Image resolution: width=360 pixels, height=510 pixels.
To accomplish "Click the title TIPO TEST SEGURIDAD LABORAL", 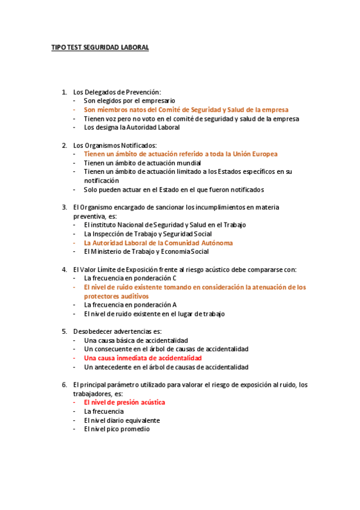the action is tap(100, 47).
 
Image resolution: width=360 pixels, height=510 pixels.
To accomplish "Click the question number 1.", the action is tap(64, 92).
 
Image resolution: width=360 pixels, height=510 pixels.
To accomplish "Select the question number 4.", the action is tap(64, 269).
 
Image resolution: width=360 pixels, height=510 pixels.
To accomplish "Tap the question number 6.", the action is tap(64, 384).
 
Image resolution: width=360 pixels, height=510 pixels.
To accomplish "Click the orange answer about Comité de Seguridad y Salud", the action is tap(186, 110).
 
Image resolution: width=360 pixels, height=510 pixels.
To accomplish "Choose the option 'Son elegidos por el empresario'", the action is tap(129, 101).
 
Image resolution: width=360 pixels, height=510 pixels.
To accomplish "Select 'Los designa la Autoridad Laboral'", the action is tap(132, 127).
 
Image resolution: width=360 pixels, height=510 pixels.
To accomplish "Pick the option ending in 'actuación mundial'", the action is tap(142, 163).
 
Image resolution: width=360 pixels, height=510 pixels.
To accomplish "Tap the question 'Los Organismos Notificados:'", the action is tap(115, 145).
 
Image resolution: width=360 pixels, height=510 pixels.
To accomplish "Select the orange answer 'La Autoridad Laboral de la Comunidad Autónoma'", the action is tap(158, 242).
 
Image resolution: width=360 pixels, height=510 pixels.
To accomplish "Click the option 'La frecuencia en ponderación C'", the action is tap(130, 278).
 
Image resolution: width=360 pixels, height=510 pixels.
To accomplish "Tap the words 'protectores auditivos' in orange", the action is tap(116, 296).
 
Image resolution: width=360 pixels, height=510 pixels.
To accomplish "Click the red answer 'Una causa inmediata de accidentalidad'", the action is tap(143, 358).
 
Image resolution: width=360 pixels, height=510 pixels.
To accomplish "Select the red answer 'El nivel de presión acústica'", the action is tap(124, 402).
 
